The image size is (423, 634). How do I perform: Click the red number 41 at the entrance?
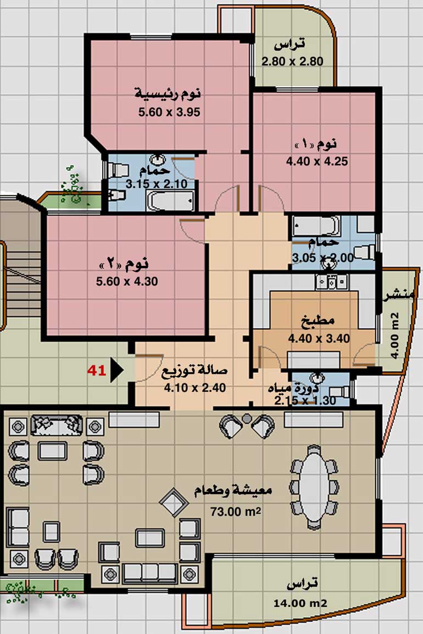(x=97, y=370)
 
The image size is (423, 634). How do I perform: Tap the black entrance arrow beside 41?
(x=116, y=369)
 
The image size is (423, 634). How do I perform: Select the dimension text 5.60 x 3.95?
(x=169, y=112)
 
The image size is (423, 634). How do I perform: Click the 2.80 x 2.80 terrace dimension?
(x=292, y=61)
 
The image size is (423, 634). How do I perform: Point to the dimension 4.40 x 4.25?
(x=317, y=161)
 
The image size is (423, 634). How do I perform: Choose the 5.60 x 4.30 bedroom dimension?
(x=127, y=282)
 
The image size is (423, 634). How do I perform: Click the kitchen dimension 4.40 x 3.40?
(x=319, y=339)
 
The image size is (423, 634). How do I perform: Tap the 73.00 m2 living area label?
(x=235, y=512)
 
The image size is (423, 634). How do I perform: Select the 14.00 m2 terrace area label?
(x=300, y=603)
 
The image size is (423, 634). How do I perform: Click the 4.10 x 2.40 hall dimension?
(x=194, y=388)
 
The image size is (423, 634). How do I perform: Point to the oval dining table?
(x=314, y=487)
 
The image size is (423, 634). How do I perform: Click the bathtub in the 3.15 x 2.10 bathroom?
(x=170, y=200)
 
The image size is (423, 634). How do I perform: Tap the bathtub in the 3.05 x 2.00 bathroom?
(x=316, y=226)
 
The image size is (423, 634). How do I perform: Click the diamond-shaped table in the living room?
(x=174, y=503)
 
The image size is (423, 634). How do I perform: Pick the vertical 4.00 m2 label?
(x=394, y=335)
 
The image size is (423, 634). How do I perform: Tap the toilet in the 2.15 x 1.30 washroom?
(x=339, y=391)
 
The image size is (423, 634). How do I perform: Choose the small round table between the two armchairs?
(x=247, y=418)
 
